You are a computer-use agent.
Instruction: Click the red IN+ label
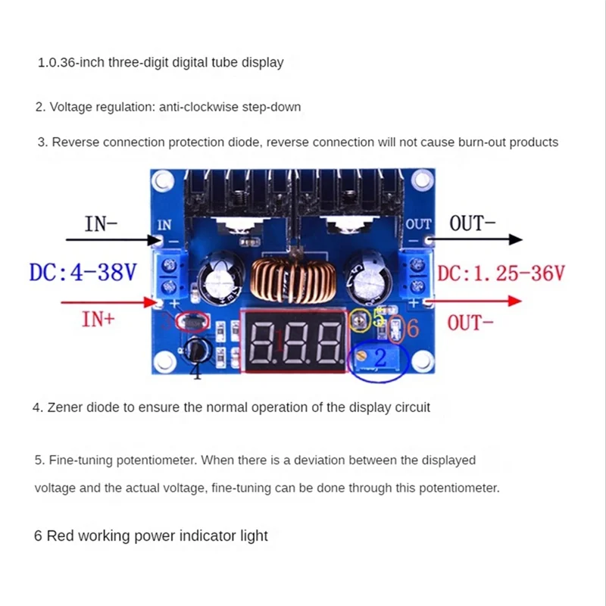(98, 319)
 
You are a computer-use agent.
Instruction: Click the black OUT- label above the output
(473, 223)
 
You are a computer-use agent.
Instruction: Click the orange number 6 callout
(411, 328)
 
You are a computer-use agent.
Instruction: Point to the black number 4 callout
(195, 371)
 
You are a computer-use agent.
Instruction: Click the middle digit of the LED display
(296, 342)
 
